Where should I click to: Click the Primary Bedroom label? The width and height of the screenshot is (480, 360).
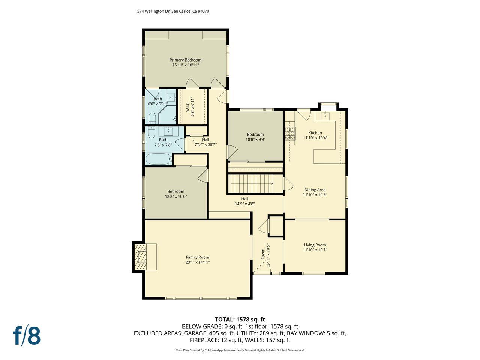185,60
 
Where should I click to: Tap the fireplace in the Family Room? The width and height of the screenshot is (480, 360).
143,257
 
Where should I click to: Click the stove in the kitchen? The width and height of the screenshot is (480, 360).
290,133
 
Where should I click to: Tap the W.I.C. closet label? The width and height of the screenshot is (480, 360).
188,107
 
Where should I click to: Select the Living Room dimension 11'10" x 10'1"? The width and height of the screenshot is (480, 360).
315,250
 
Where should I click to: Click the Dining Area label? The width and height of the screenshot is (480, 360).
315,190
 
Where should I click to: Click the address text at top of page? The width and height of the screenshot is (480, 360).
173,11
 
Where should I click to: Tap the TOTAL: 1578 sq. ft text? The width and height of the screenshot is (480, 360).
240,319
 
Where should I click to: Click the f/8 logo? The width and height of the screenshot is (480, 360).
27,336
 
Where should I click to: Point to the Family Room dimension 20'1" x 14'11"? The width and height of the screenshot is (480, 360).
197,262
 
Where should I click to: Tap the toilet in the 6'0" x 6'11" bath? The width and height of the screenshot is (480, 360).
152,119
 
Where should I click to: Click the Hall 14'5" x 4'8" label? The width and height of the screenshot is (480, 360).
244,201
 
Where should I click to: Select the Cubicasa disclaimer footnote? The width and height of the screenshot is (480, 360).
240,350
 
